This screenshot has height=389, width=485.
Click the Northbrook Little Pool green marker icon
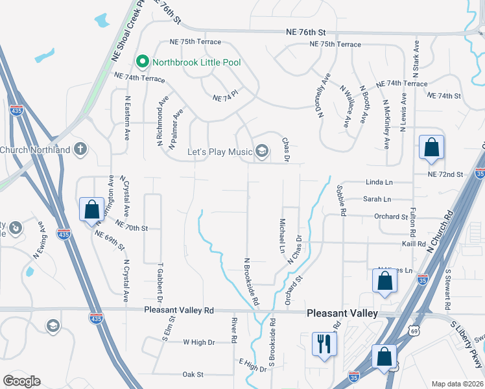143,62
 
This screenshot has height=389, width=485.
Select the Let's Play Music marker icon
261,152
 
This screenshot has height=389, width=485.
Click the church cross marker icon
80,150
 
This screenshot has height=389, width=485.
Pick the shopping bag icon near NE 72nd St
431,147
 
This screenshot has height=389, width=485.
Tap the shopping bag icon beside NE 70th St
91,209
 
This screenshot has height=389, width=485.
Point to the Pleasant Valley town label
342,313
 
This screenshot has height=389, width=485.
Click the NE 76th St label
305,32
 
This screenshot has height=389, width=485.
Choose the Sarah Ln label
377,199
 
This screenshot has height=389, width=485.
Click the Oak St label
193,375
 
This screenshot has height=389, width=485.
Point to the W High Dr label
198,342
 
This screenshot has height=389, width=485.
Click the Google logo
21,381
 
